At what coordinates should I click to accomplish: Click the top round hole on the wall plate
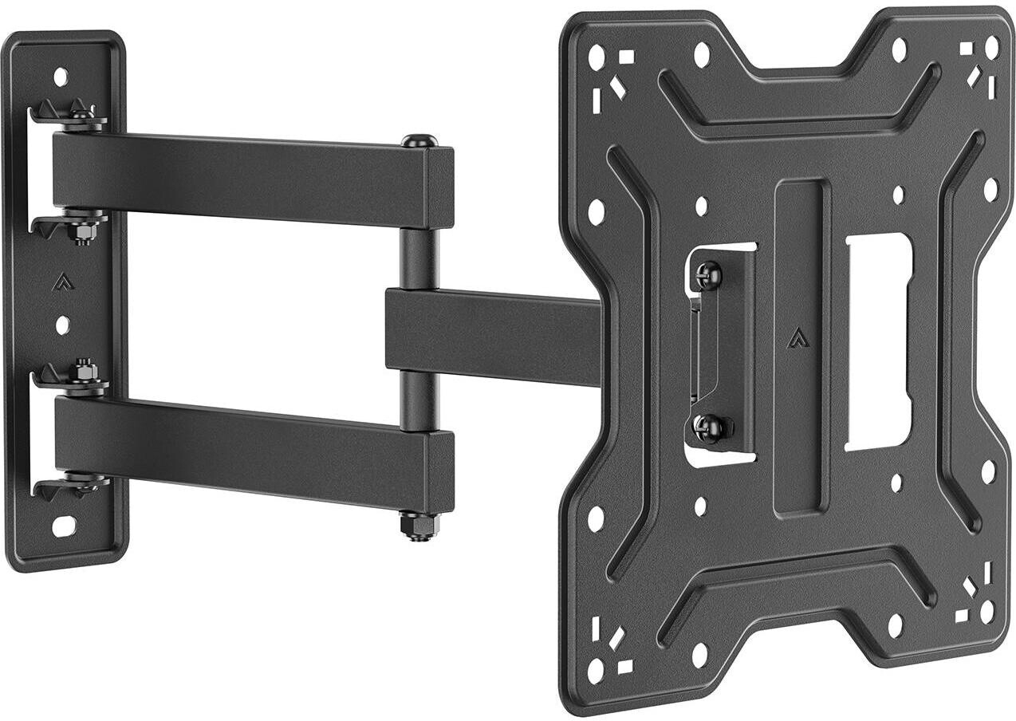[61, 77]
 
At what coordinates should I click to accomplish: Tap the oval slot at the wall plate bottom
[63, 526]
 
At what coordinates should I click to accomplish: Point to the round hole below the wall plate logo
[62, 325]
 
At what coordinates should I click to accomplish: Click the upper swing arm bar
[239, 177]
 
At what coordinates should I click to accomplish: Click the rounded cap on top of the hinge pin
[419, 142]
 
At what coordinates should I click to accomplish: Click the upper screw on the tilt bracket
[707, 276]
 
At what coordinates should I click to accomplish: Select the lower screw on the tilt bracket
[707, 428]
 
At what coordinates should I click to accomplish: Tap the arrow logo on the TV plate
[797, 339]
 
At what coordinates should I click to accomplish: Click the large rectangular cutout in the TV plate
[877, 341]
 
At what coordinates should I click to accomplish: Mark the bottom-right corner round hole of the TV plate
[987, 612]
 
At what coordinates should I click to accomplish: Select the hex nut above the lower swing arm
[82, 370]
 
